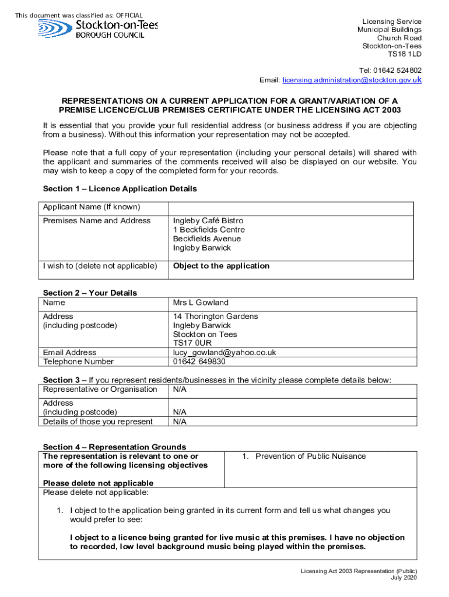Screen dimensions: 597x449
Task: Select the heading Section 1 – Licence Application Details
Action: (120, 189)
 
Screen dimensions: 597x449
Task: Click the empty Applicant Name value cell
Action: (291, 208)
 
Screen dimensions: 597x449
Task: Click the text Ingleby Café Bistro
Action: (208, 221)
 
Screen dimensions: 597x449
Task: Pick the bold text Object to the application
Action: (221, 266)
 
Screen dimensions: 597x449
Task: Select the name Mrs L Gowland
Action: (201, 303)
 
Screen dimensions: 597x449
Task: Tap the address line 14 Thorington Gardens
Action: (215, 317)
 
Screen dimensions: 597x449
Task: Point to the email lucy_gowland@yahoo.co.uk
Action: (224, 353)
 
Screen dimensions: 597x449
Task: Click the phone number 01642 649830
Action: (199, 361)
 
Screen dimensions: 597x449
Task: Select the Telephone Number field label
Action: (78, 361)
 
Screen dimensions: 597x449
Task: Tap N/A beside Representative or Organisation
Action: (180, 389)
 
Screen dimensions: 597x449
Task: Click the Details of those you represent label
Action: (97, 422)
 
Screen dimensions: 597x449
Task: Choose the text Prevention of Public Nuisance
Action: (310, 456)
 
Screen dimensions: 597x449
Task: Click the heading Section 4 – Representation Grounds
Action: (114, 447)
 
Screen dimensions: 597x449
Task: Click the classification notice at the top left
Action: (79, 15)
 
